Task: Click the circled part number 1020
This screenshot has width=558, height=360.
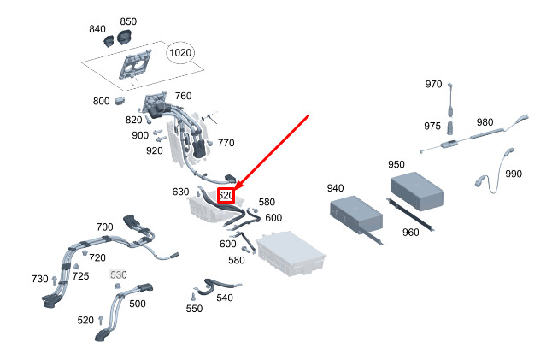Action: [x=180, y=53]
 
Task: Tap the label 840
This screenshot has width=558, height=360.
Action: [x=97, y=29]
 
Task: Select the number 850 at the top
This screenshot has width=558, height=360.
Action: [x=128, y=21]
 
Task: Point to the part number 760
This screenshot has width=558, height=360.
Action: [x=183, y=96]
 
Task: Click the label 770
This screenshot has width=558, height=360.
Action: [x=226, y=143]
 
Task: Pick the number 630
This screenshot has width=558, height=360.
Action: [x=180, y=192]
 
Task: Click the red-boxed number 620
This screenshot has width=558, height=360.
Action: [x=226, y=195]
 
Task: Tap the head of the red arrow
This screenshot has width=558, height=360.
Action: [x=235, y=189]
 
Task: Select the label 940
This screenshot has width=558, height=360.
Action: [x=335, y=188]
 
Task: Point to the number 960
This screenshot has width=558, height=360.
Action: [x=411, y=232]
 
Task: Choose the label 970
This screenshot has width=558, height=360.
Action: [x=434, y=84]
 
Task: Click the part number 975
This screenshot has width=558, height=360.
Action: [x=432, y=126]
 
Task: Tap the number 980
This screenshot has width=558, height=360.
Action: [x=485, y=122]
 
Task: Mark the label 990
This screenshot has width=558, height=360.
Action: [x=513, y=174]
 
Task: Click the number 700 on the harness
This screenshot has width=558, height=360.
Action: [x=104, y=227]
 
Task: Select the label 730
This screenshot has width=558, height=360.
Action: [x=40, y=280]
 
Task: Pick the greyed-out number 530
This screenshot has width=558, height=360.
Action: [x=118, y=274]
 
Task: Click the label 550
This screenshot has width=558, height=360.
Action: [x=194, y=309]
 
